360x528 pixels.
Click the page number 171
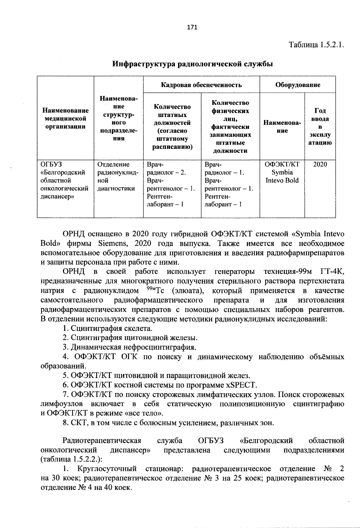click(x=192, y=28)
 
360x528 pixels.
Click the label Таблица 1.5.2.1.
click(x=316, y=45)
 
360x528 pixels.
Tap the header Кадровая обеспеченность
click(x=201, y=85)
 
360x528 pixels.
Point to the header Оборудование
click(x=298, y=85)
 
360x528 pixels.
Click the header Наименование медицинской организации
click(x=65, y=119)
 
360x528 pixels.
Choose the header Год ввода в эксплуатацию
click(x=320, y=127)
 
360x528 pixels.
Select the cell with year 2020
click(x=320, y=164)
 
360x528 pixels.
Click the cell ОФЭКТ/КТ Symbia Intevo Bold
click(x=282, y=172)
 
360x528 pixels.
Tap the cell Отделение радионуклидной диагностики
click(x=118, y=176)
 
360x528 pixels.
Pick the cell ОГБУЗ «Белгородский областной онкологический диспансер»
click(x=65, y=180)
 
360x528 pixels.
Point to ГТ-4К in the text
click(x=332, y=272)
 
